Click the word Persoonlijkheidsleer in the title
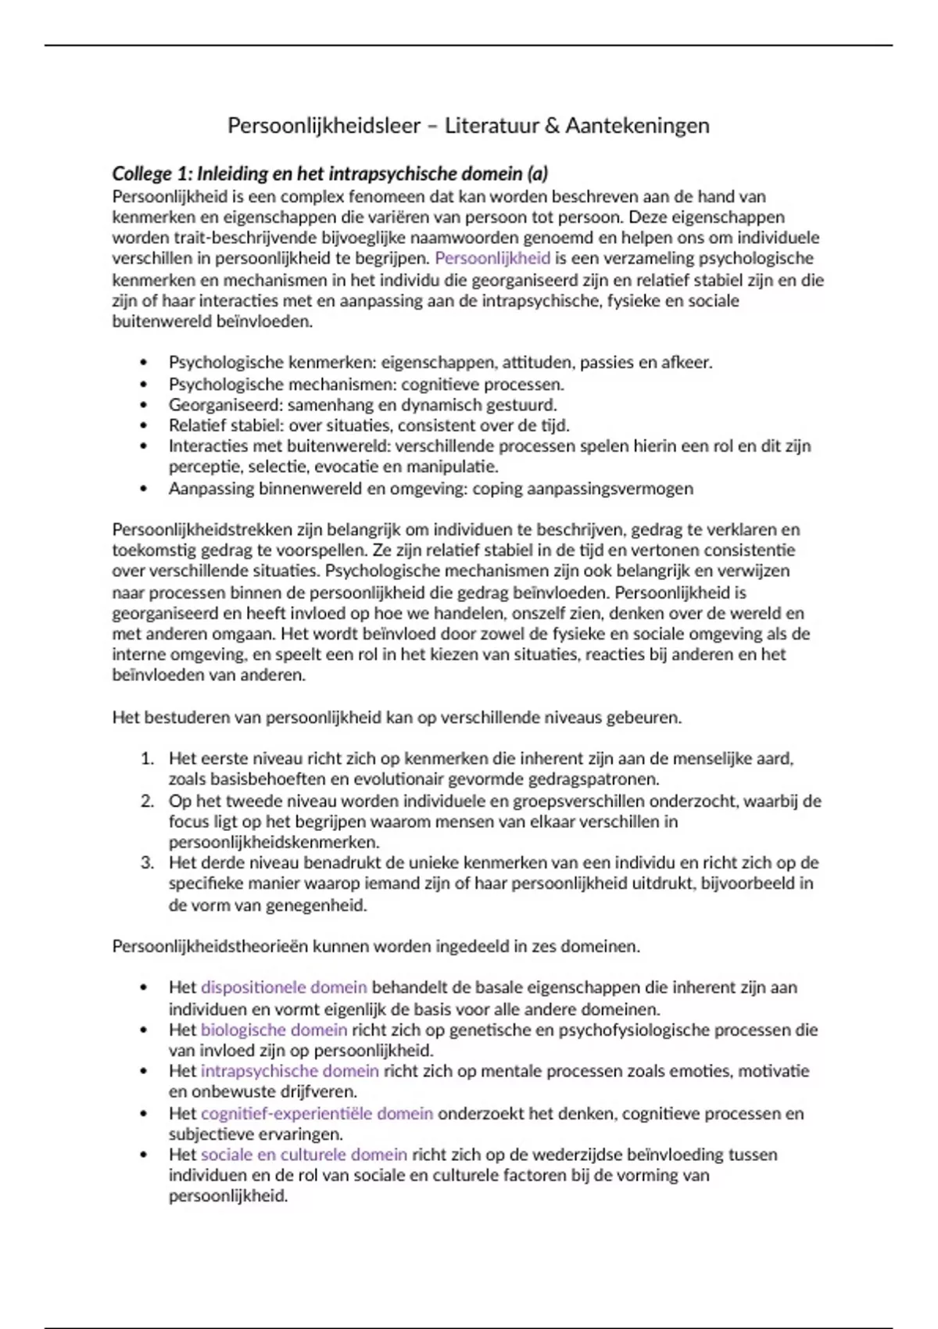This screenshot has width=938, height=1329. pyautogui.click(x=324, y=126)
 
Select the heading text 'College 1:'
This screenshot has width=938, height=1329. pyautogui.click(x=152, y=174)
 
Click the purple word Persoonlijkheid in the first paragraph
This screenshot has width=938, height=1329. pyautogui.click(x=492, y=258)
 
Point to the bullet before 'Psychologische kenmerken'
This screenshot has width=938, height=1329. pyautogui.click(x=143, y=363)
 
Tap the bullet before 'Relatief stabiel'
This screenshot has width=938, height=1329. pyautogui.click(x=143, y=426)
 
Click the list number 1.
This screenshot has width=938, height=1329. pyautogui.click(x=147, y=758)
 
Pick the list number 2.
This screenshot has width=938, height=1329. pyautogui.click(x=147, y=801)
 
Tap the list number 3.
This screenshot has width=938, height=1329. pyautogui.click(x=147, y=863)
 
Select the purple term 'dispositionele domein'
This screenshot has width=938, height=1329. pyautogui.click(x=284, y=987)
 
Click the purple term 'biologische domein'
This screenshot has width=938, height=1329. pyautogui.click(x=274, y=1030)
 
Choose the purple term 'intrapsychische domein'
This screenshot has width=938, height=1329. pyautogui.click(x=289, y=1071)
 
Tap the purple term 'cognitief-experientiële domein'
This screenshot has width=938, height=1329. pyautogui.click(x=317, y=1113)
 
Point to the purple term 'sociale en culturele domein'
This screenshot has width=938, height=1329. pyautogui.click(x=303, y=1155)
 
